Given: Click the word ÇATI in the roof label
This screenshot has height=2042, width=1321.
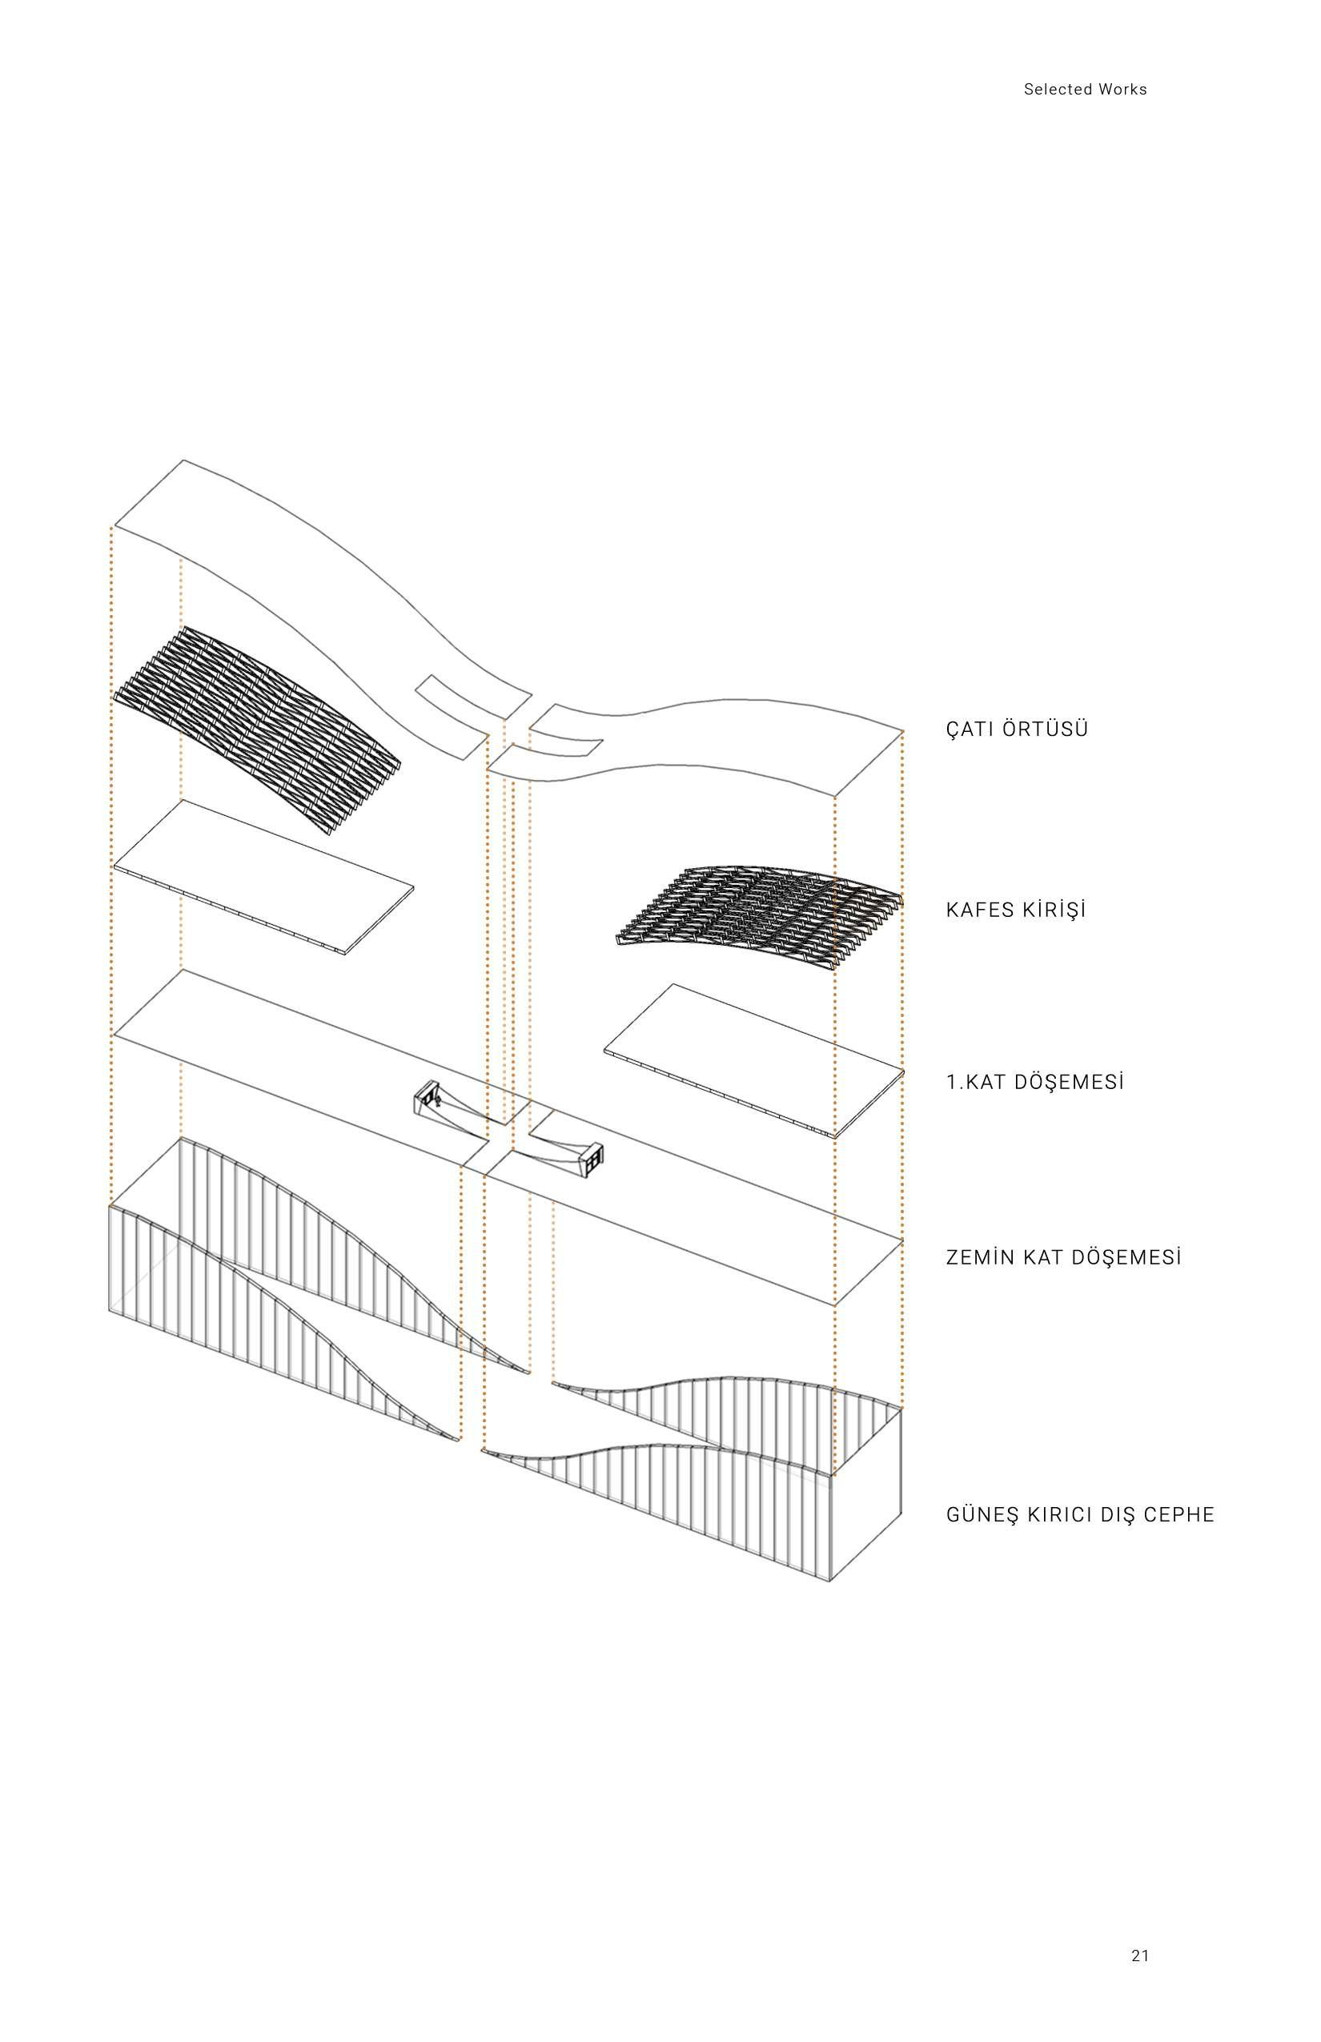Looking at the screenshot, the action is (x=970, y=730).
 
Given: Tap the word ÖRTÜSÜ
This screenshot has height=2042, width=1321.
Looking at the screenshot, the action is (x=1045, y=730).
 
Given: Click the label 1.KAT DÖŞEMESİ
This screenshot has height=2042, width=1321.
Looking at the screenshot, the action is (x=1034, y=1082).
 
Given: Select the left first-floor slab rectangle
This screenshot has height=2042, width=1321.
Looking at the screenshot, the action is (x=263, y=877).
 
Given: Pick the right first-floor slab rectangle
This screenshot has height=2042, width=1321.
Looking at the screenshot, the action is (x=755, y=1060).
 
